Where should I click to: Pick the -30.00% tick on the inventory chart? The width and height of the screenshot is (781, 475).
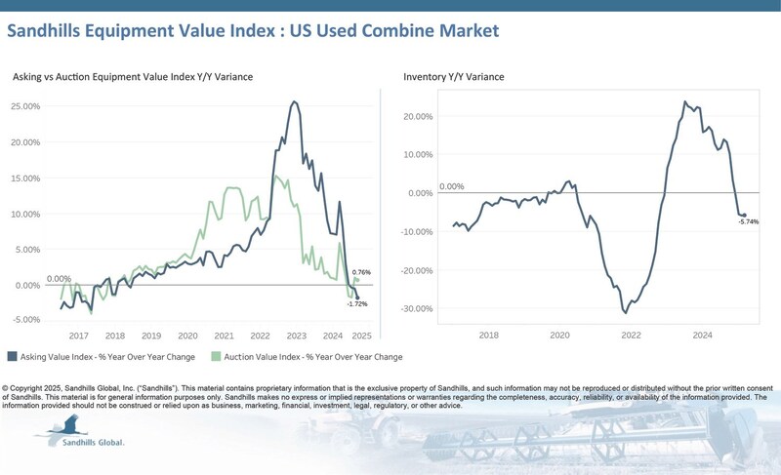click(x=419, y=309)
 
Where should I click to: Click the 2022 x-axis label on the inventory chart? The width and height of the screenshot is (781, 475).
click(x=631, y=335)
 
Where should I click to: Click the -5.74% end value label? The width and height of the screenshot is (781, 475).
click(x=749, y=222)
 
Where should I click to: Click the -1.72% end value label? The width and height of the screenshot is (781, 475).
click(x=357, y=304)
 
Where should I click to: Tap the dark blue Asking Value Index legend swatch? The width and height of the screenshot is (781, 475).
click(x=11, y=356)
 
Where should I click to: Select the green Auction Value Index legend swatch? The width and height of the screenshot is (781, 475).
click(x=217, y=356)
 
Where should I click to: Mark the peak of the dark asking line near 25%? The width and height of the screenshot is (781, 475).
click(x=295, y=101)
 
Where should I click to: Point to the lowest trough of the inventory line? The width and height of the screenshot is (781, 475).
click(x=625, y=312)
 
